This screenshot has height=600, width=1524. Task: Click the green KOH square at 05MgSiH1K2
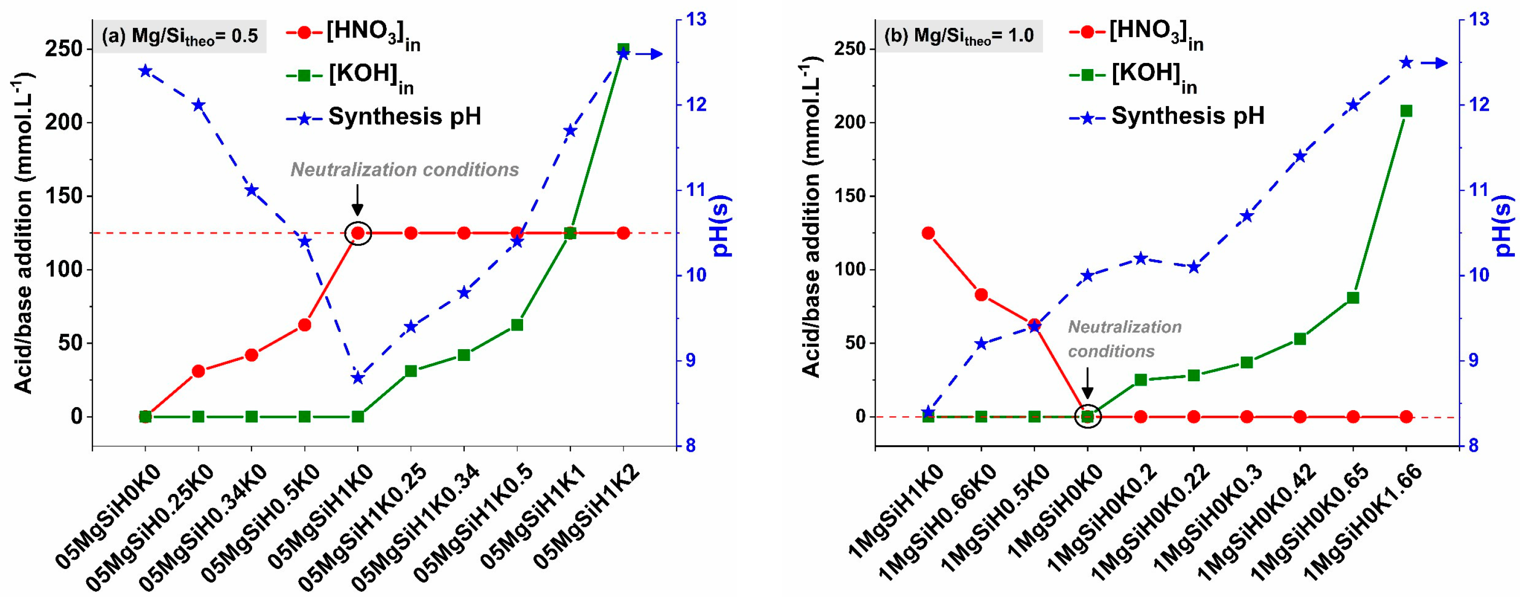coord(623,49)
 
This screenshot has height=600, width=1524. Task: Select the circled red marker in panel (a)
coord(358,233)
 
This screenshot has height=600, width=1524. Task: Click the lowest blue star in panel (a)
coord(358,378)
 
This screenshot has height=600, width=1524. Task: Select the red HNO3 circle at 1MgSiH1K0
coord(928,233)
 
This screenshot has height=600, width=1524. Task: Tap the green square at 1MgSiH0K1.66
coord(1406,111)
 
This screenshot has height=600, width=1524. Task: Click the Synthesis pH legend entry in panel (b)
coord(1187,116)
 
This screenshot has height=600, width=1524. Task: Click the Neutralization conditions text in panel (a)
coord(405,171)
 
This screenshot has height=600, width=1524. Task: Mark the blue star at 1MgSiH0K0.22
coord(1194,267)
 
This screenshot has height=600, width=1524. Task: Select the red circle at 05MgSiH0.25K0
coord(199,372)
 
